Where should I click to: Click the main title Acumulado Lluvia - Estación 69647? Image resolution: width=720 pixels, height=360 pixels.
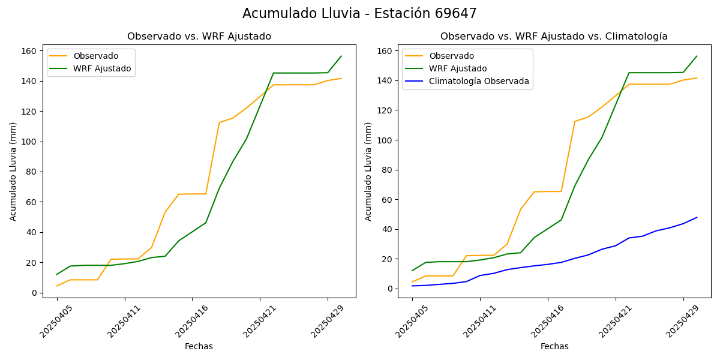pos(359,14)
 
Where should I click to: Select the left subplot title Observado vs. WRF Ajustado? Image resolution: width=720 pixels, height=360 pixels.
pos(199,37)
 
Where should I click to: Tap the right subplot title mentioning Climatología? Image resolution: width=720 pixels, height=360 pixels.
pos(554,37)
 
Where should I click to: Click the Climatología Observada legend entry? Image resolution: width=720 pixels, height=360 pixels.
pos(479,82)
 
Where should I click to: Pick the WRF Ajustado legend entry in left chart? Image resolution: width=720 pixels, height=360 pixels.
pos(102,68)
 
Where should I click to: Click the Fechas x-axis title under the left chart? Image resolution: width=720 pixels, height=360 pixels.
pos(199,346)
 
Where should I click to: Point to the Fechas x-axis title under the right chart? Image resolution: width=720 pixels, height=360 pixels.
pos(554,346)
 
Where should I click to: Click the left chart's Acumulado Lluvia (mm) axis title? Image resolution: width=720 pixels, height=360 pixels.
pos(13,171)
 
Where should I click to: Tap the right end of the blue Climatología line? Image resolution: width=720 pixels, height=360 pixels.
pos(697,217)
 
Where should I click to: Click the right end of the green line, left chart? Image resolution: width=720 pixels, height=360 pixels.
pos(341,56)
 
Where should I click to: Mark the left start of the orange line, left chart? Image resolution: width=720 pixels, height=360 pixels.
pos(57,286)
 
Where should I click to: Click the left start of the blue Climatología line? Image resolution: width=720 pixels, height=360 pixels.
pos(412,286)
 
